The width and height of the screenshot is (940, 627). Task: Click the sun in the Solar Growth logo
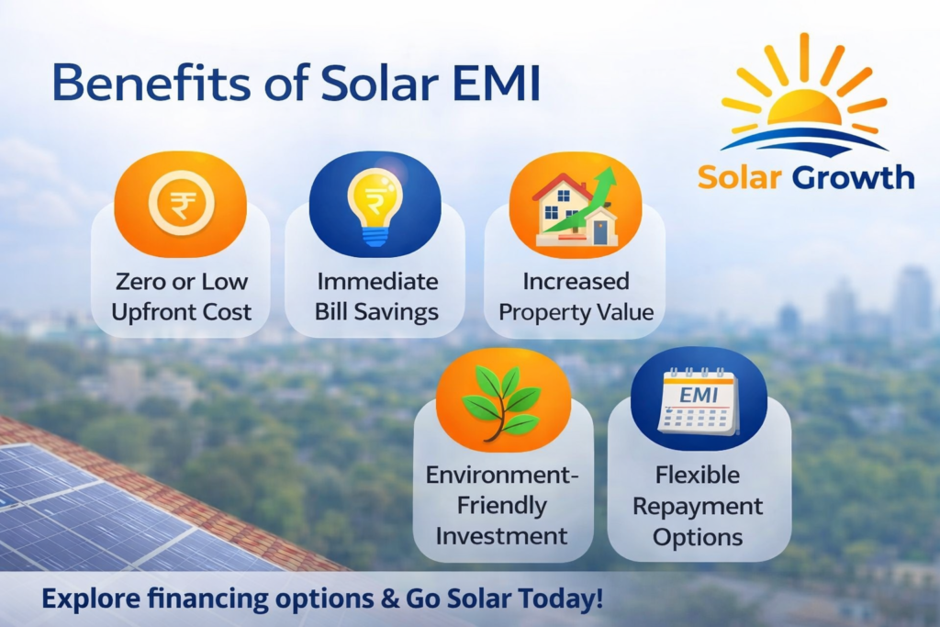point(803,109)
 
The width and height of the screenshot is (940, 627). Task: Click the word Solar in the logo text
point(740,177)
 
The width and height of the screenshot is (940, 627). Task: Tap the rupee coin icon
point(181,203)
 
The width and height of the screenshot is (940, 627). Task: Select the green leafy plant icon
point(501,401)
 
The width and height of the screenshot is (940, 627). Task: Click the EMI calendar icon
point(698,400)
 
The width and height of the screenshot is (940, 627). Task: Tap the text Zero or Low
point(181,281)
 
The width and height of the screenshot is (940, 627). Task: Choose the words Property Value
point(576,312)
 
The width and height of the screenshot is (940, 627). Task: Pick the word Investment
point(501,536)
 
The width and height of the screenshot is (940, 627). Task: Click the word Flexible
point(698,475)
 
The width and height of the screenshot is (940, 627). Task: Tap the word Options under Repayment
point(698,537)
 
